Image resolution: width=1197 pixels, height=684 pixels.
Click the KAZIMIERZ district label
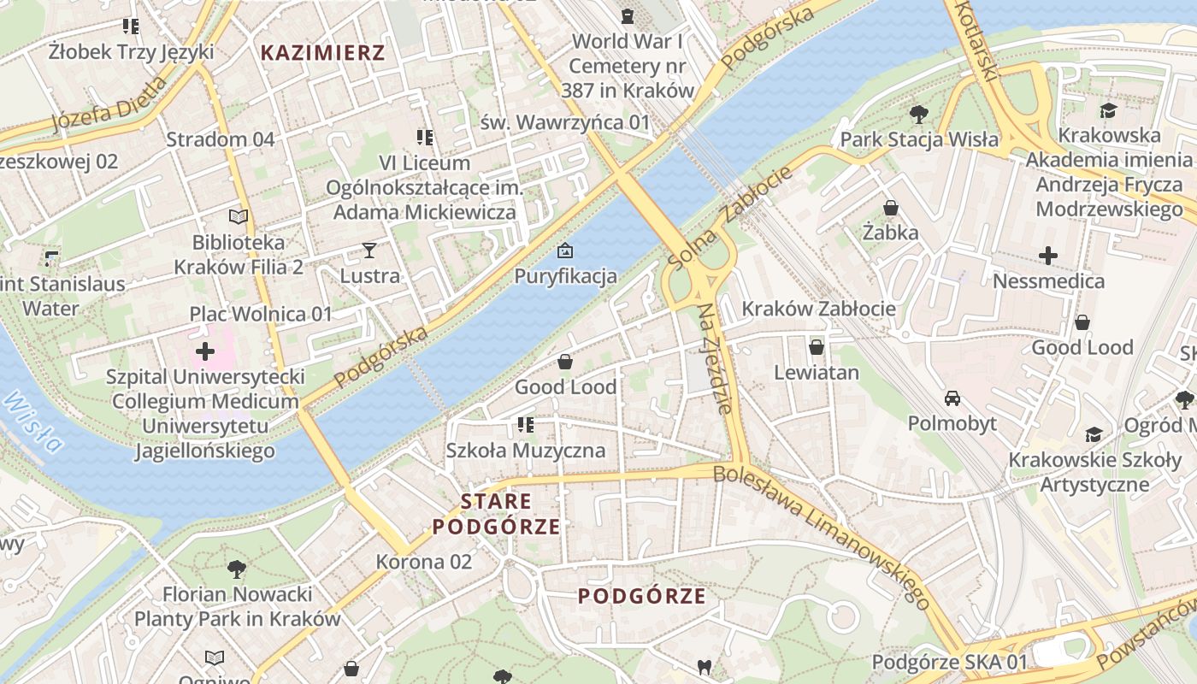pyautogui.click(x=322, y=53)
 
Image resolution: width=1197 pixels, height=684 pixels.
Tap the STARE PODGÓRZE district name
pyautogui.click(x=496, y=514)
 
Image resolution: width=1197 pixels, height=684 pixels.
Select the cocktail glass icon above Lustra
pyautogui.click(x=369, y=251)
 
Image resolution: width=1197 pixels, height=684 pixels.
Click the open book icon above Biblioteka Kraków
pyautogui.click(x=239, y=217)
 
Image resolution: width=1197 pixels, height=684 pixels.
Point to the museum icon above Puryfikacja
pyautogui.click(x=564, y=251)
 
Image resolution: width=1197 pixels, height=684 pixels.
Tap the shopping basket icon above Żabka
pyautogui.click(x=890, y=208)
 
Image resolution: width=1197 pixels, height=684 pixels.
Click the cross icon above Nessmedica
pyautogui.click(x=1048, y=255)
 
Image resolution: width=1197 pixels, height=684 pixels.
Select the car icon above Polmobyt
pyautogui.click(x=952, y=398)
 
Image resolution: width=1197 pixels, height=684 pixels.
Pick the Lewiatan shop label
pyautogui.click(x=817, y=373)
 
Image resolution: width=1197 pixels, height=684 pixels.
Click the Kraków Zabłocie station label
pyautogui.click(x=818, y=309)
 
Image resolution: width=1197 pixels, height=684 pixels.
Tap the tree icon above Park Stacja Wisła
pyautogui.click(x=919, y=114)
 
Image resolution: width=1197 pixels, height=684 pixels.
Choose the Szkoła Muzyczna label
pyautogui.click(x=525, y=450)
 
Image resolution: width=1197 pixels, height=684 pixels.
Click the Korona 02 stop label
pyautogui.click(x=424, y=562)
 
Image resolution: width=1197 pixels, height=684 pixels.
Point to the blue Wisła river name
pyautogui.click(x=33, y=422)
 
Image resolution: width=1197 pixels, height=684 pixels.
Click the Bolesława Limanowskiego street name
pyautogui.click(x=822, y=535)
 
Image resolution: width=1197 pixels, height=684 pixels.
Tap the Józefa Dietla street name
pyautogui.click(x=109, y=105)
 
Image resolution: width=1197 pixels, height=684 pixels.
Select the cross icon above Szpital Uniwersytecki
pyautogui.click(x=205, y=351)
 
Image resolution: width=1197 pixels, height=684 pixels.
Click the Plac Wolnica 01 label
pyautogui.click(x=260, y=314)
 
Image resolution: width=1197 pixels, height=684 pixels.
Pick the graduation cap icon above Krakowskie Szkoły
pyautogui.click(x=1094, y=434)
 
